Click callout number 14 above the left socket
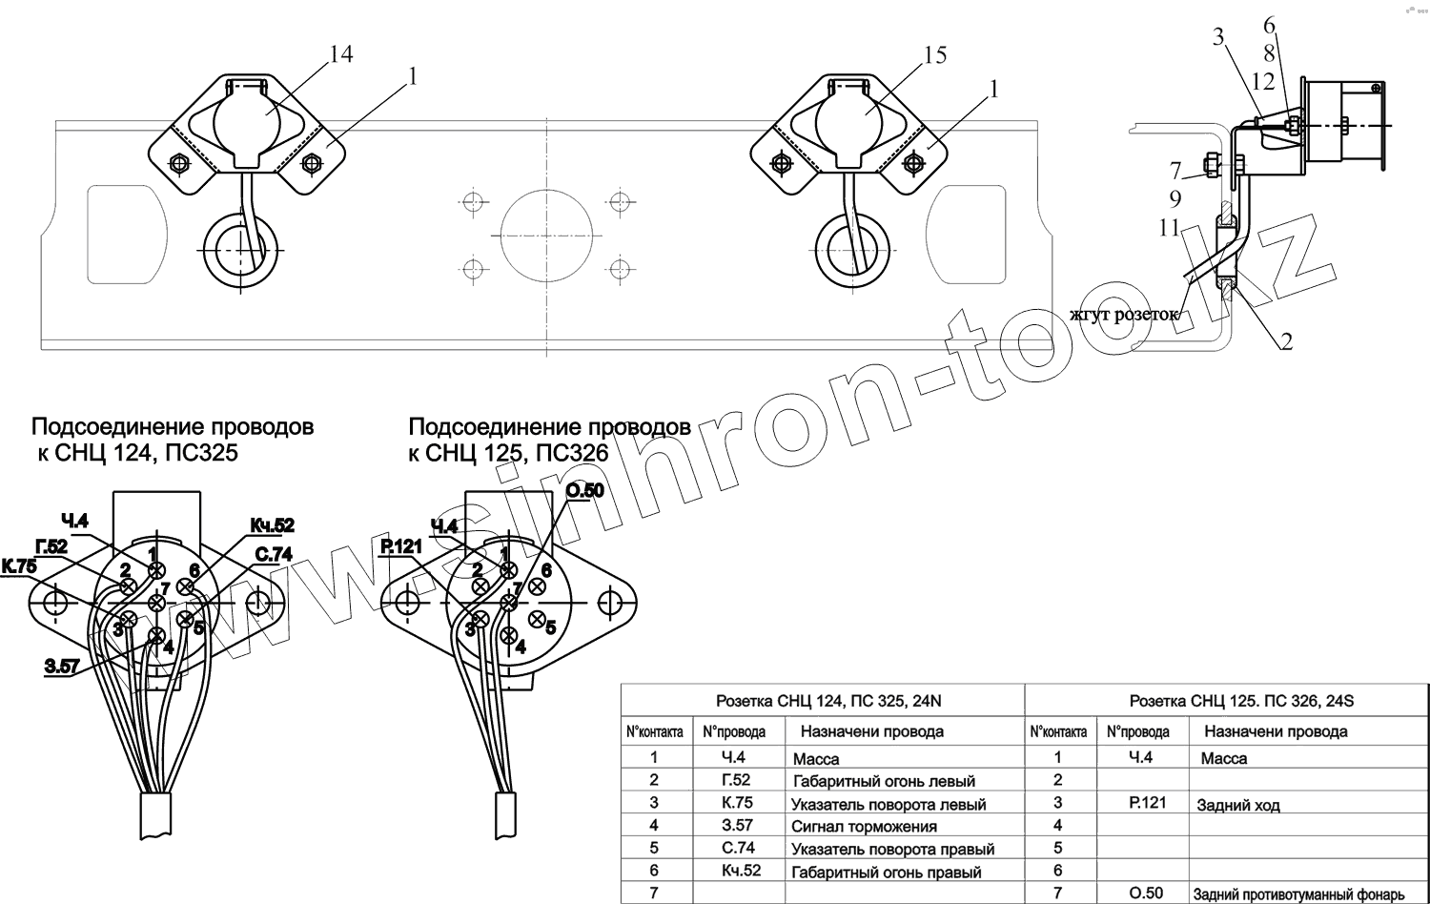(340, 55)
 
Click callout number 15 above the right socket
(934, 55)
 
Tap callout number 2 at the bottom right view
(1286, 340)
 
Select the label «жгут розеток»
(1123, 315)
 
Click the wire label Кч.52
(272, 525)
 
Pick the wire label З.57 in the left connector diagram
(62, 667)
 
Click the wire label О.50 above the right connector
(584, 491)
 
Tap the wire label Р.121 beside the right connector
(400, 546)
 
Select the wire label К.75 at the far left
(19, 566)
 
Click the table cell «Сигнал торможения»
(864, 827)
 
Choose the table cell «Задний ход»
(1238, 805)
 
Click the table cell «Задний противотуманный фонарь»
(1298, 894)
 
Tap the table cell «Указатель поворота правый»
(892, 849)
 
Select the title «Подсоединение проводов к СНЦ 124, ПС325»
(172, 439)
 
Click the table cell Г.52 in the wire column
(736, 780)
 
